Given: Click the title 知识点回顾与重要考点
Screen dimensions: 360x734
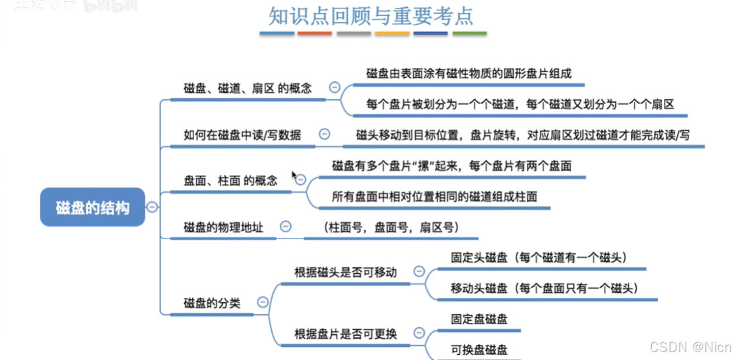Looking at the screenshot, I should point(371,16).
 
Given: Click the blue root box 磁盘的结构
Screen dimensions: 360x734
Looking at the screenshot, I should point(92,208).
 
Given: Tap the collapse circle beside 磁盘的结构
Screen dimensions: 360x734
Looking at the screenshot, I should point(152,207).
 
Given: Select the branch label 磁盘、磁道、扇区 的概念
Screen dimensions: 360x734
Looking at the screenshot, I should point(248,88).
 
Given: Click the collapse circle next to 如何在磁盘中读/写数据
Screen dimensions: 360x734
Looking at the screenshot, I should point(324,134).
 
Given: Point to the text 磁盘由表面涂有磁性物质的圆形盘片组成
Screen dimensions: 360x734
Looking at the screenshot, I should point(469,73).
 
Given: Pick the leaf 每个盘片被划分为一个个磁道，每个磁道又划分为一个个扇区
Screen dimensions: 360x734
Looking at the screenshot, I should point(520,104).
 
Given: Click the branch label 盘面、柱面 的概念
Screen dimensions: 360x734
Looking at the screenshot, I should point(230,180).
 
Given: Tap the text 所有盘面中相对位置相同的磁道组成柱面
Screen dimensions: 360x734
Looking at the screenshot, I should point(435,196).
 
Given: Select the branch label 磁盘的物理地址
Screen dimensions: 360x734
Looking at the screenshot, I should point(224,227).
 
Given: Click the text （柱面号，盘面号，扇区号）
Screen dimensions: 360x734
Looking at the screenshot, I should point(390,227).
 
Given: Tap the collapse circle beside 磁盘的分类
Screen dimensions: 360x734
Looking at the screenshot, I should point(263,302).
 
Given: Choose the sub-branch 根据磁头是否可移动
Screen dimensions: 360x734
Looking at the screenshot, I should point(345,272).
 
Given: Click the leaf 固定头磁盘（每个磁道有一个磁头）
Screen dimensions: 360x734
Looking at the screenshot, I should point(539,257).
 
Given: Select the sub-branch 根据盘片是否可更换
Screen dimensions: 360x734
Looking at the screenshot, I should point(345,334).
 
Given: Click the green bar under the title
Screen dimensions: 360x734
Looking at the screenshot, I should point(469,33).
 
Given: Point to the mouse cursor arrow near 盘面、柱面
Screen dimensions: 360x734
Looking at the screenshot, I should point(294,176).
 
